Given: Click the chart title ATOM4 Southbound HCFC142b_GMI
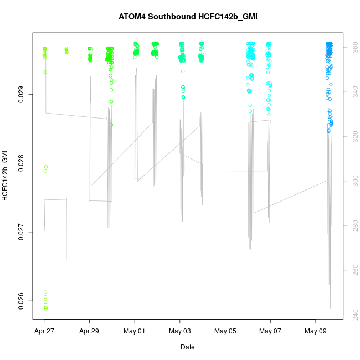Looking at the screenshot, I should pos(188,17).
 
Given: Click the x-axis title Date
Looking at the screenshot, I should pos(187,347).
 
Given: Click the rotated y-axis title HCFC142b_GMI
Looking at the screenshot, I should pos(6,175).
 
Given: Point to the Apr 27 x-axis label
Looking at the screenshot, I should pos(44,332).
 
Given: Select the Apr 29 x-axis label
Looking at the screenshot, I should pos(90,332).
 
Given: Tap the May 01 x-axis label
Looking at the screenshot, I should pos(135,332).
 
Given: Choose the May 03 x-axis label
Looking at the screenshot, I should pos(180,332).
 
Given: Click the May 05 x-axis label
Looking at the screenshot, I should pos(225,332).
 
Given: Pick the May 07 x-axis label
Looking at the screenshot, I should pos(270,332).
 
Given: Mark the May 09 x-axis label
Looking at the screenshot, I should pos(316,332).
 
